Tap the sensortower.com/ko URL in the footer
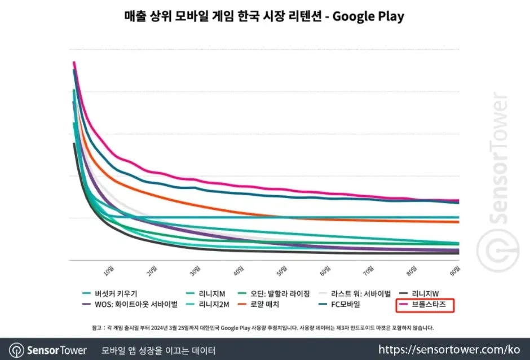tap(449, 350)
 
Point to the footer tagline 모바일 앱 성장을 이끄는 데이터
tap(158, 350)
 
